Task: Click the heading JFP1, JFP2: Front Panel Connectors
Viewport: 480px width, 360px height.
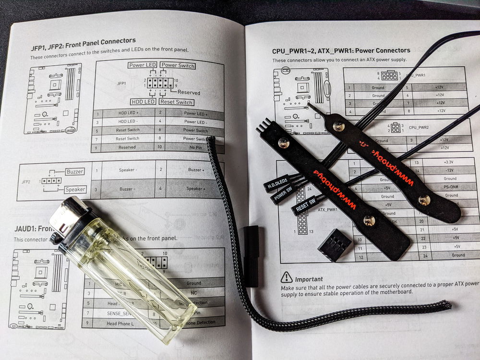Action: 83,41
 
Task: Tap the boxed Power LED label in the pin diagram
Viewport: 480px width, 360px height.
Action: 143,65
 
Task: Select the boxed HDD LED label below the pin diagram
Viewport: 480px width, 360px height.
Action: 143,102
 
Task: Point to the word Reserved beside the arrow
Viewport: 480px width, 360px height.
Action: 189,92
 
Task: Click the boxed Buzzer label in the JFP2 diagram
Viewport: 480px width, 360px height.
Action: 75,171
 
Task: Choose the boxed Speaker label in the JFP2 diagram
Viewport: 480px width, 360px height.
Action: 75,189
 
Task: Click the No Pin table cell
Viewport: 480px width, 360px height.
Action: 195,147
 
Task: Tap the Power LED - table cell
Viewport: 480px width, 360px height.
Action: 195,122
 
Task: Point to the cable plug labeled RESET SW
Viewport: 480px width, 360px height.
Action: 305,206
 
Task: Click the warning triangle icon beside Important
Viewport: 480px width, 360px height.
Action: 287,277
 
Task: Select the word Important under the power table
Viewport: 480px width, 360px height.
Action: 309,279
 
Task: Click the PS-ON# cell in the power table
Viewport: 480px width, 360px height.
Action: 451,187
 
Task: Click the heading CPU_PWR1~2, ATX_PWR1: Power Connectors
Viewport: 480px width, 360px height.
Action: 341,50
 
